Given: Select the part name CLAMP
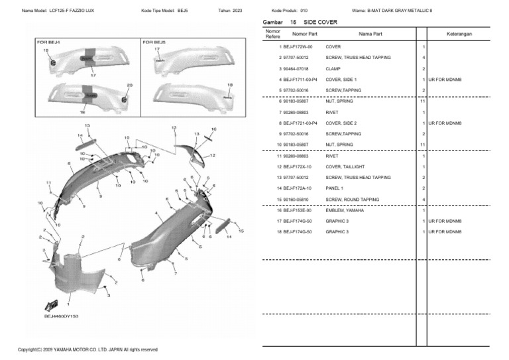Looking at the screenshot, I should tap(334, 68).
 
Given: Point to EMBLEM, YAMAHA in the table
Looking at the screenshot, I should tap(344, 210).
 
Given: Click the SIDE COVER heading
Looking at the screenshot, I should tap(320, 22).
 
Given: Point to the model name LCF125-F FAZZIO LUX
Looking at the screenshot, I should tap(72, 11).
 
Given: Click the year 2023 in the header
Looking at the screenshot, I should tap(235, 11).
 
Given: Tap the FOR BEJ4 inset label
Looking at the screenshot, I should tap(48, 42).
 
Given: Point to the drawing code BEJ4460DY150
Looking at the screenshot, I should tap(61, 317).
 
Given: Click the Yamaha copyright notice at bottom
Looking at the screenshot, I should tap(87, 349).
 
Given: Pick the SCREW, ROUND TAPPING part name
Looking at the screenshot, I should tap(352, 200).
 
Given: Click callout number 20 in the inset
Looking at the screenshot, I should tap(129, 85).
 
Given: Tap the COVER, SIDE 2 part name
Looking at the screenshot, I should tap(341, 123).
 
